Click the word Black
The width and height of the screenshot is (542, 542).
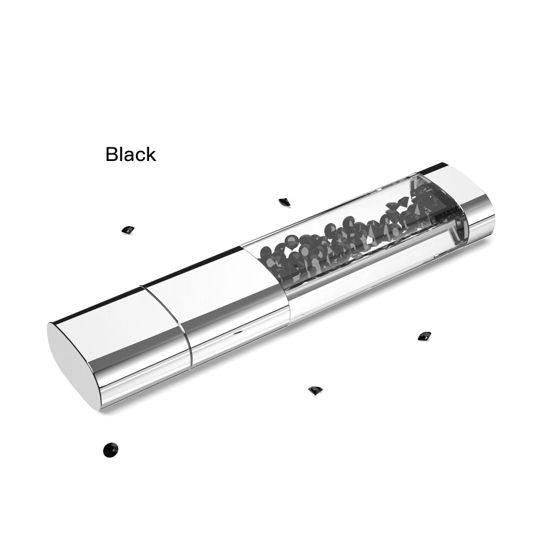click(131, 154)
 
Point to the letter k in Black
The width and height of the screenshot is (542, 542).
click(151, 154)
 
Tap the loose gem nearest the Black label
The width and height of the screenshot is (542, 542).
click(128, 229)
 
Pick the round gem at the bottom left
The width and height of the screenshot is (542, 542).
click(111, 449)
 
